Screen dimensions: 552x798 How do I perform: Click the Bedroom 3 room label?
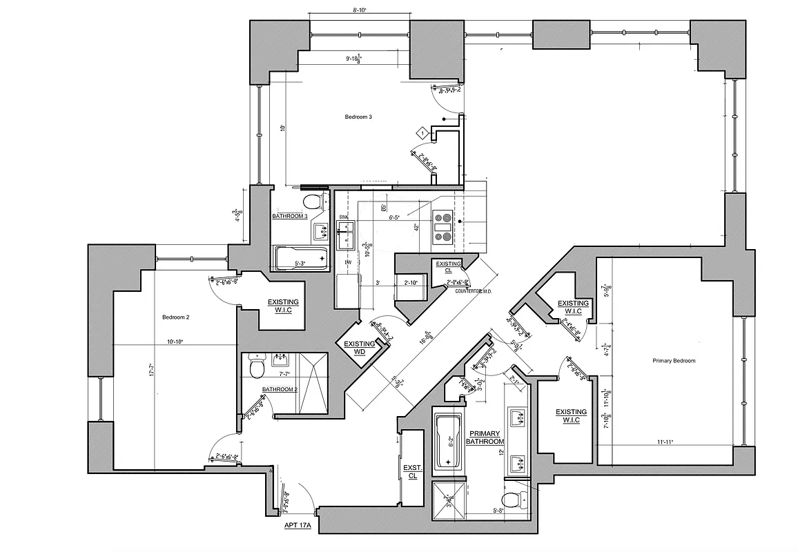click(358, 117)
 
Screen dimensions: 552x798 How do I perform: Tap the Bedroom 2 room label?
click(175, 317)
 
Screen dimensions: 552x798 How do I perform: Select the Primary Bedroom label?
click(673, 361)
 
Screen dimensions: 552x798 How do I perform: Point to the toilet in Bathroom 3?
click(313, 201)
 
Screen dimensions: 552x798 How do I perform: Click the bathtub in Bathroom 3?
click(301, 258)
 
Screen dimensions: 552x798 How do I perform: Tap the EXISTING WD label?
click(360, 348)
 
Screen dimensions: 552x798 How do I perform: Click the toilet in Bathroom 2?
click(256, 368)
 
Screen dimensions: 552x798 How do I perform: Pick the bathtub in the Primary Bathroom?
click(447, 442)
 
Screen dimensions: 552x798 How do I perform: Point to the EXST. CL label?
click(412, 471)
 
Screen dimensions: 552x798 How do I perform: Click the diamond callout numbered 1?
click(422, 132)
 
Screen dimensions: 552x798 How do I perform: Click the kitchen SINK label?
click(343, 217)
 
